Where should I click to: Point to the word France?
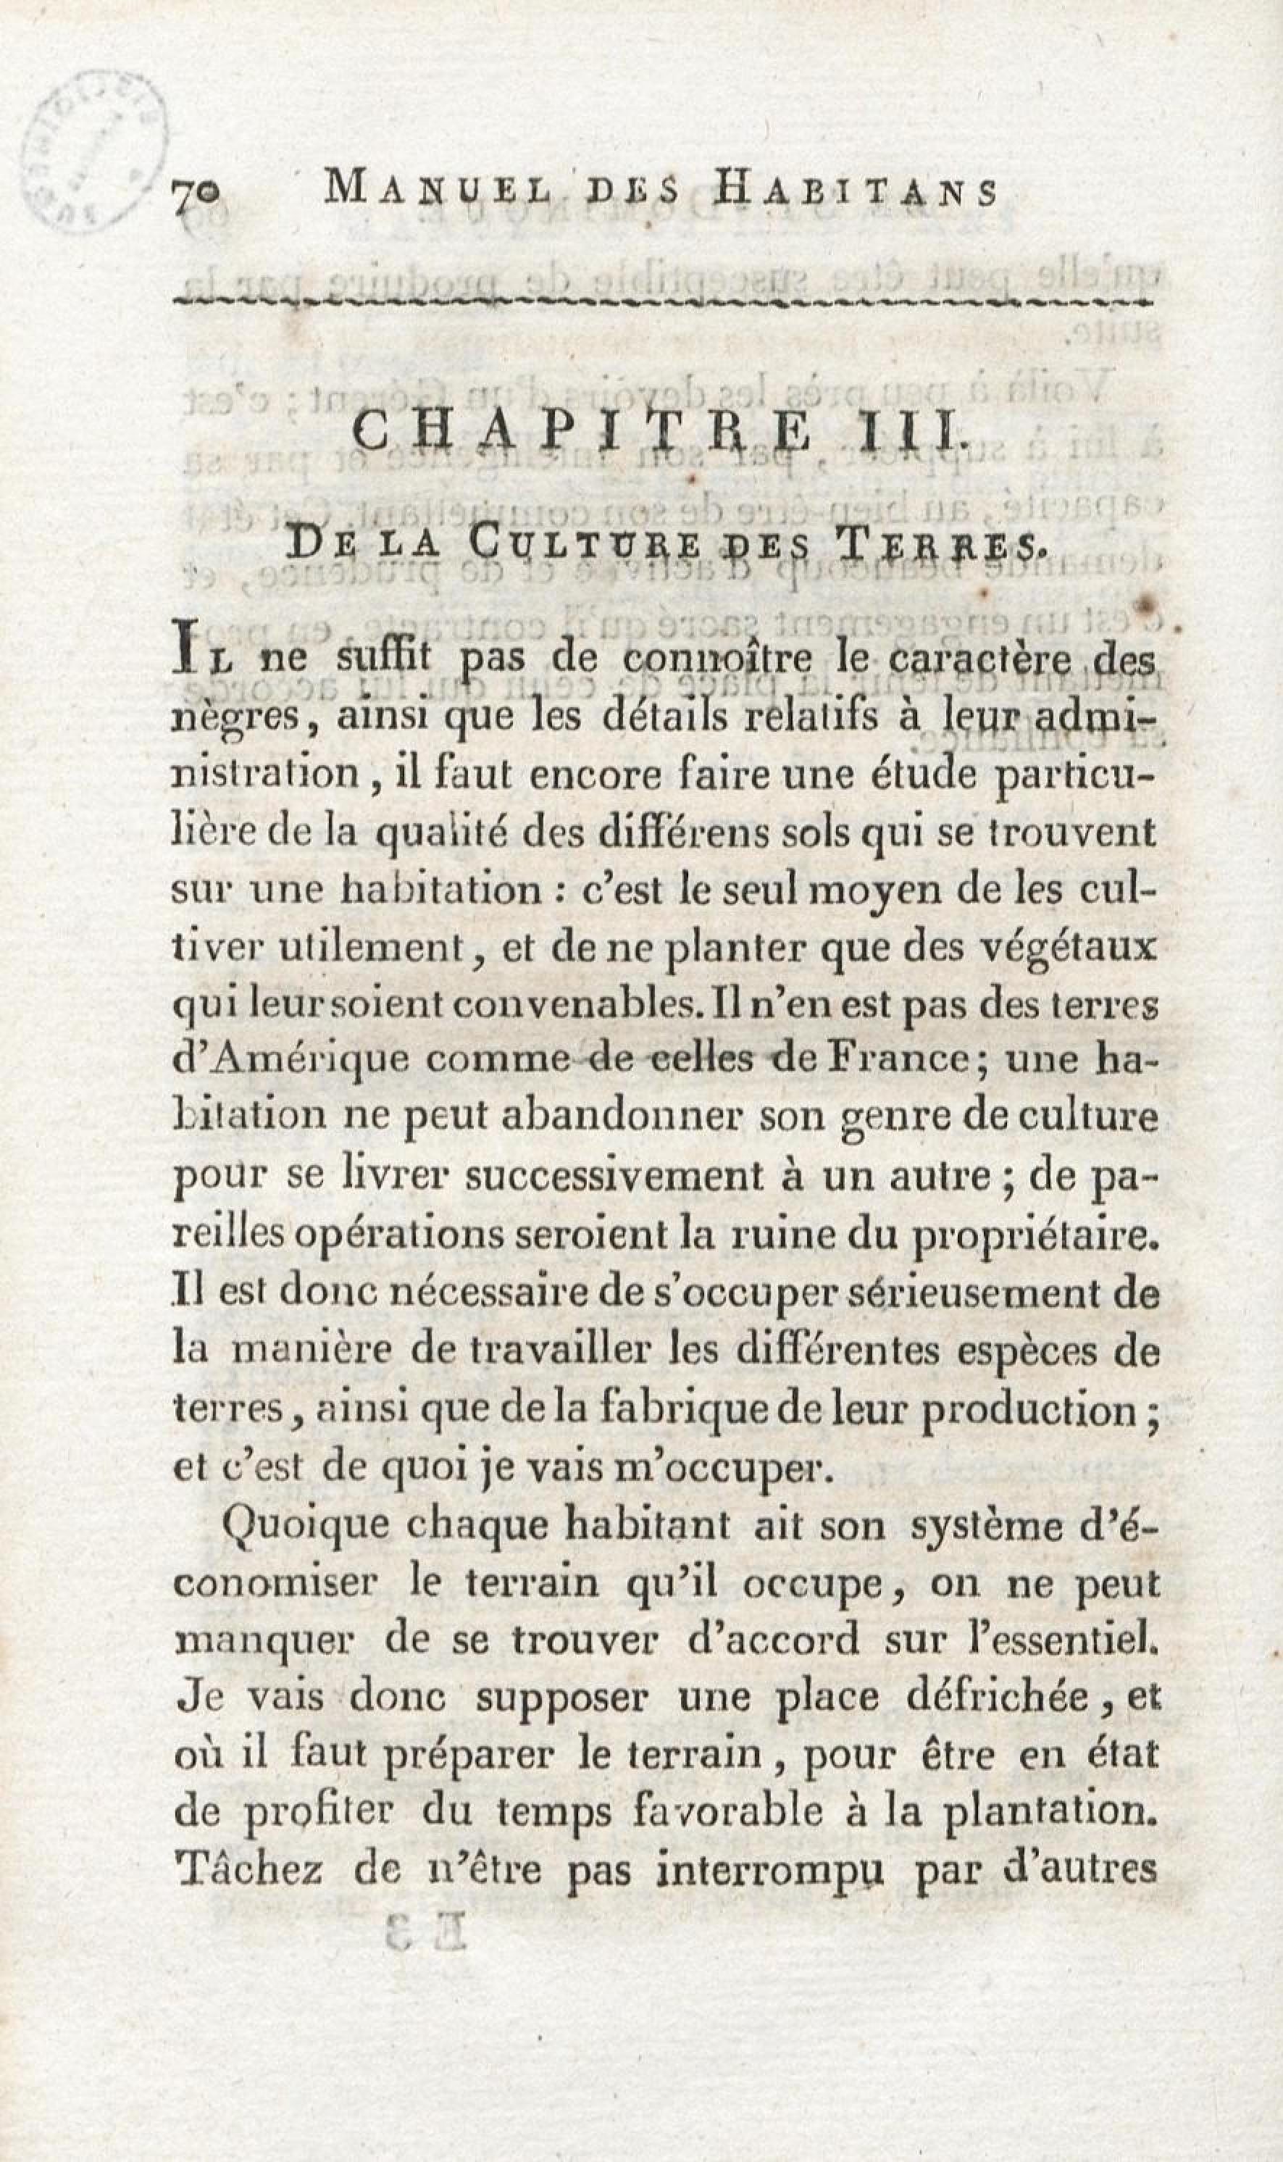pyautogui.click(x=895, y=1060)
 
